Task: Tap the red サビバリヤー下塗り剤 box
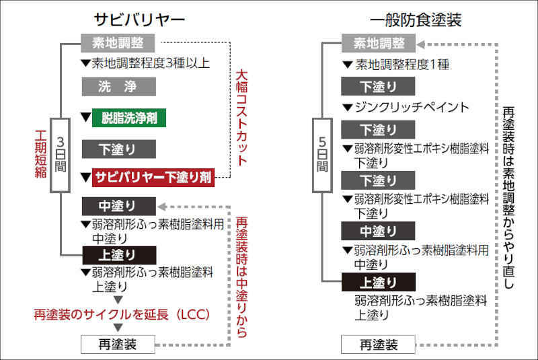tap(154, 178)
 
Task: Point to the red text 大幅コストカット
tap(241, 118)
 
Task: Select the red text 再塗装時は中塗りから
tap(241, 276)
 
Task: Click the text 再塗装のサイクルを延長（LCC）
tap(123, 314)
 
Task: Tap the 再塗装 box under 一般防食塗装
tap(378, 345)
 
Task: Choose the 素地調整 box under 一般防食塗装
tap(379, 44)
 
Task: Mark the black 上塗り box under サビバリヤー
tap(118, 255)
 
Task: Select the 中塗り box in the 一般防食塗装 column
tap(378, 231)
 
